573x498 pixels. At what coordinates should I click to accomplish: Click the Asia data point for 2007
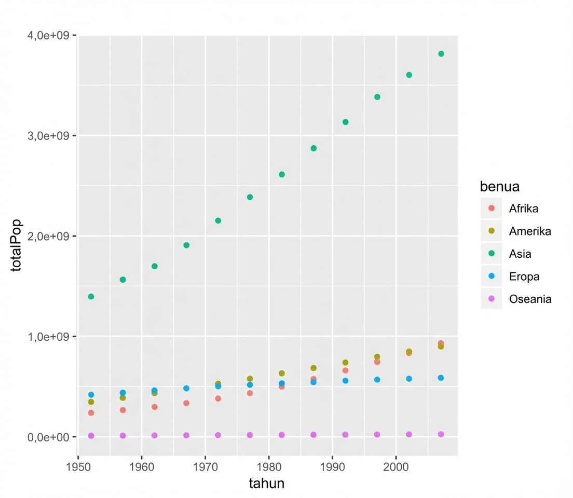pos(441,54)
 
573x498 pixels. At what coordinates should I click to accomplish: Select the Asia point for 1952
pos(91,297)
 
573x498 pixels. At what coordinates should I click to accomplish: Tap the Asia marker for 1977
pos(250,197)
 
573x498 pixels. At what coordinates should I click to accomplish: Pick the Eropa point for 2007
pos(441,378)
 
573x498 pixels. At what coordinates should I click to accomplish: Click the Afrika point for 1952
pos(91,413)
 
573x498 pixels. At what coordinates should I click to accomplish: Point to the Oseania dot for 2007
pos(441,434)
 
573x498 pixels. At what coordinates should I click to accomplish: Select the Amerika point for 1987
pos(313,368)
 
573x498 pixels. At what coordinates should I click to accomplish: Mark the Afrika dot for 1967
pos(186,403)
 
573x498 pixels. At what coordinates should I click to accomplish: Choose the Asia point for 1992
pos(345,122)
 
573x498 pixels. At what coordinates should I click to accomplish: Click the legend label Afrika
pos(523,209)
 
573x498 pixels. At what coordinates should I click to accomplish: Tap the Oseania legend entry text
pos(530,299)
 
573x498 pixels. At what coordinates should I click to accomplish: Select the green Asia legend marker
pos(492,254)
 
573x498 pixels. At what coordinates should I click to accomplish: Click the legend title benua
pos(500,186)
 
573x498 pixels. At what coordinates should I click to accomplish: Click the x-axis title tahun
pos(267,483)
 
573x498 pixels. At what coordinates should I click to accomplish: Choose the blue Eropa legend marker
pos(492,276)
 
